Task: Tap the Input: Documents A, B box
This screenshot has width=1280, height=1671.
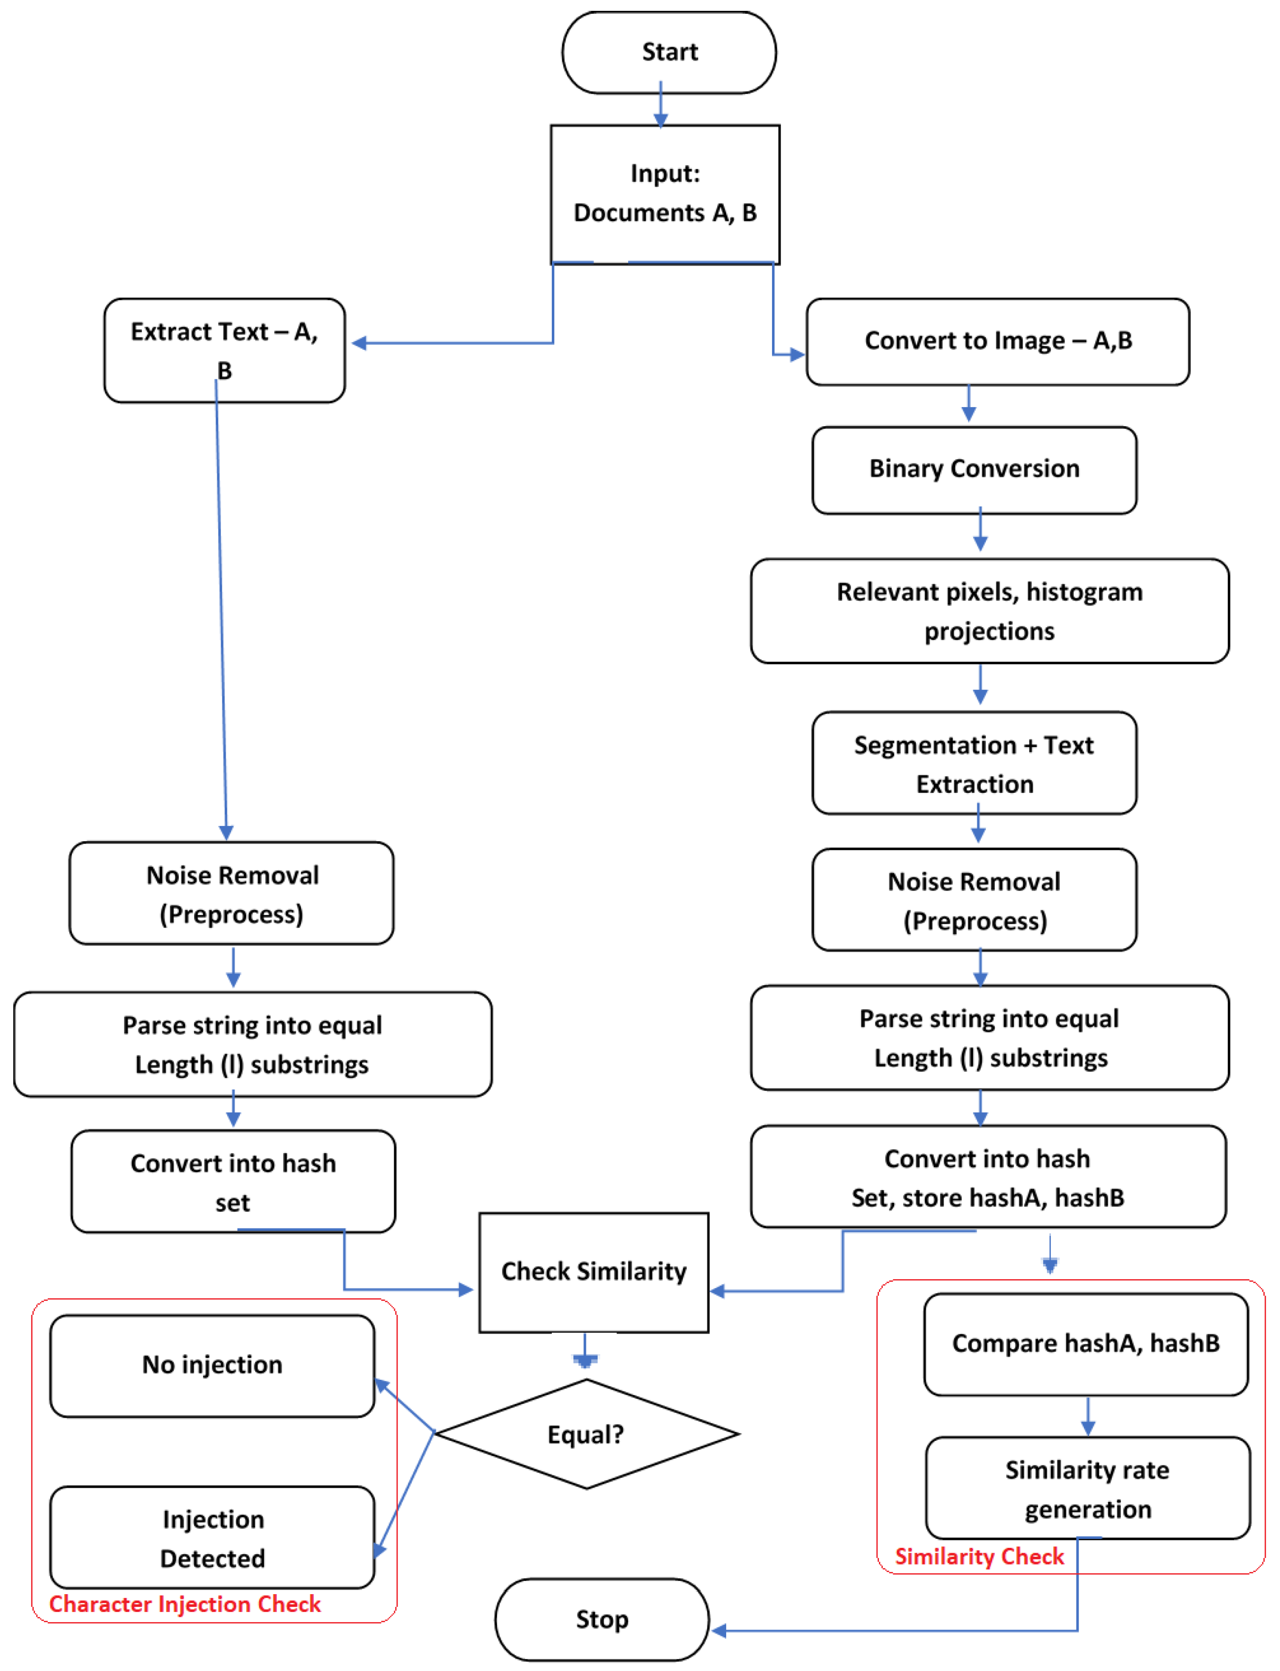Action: [x=664, y=194]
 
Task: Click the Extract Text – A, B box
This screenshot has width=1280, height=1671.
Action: [x=224, y=350]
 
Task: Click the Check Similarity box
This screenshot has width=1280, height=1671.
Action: [x=594, y=1272]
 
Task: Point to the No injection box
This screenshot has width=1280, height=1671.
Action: [x=212, y=1364]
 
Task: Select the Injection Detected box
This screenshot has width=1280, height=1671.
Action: [x=212, y=1537]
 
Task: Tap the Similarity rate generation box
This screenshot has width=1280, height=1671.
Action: [x=1087, y=1488]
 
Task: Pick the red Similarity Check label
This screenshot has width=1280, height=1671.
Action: [x=979, y=1556]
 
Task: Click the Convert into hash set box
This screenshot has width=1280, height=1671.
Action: [x=233, y=1182]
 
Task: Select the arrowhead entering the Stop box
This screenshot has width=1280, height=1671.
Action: [x=718, y=1631]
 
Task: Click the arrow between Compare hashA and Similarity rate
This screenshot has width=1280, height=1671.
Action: [x=1088, y=1417]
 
